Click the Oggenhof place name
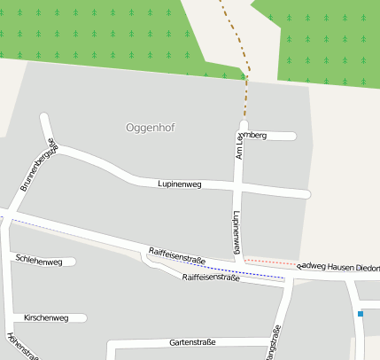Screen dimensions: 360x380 151,128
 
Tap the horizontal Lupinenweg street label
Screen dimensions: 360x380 180,184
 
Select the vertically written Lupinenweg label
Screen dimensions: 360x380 237,233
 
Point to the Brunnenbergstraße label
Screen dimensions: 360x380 38,166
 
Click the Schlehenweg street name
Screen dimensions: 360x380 38,261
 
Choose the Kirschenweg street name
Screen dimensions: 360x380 46,317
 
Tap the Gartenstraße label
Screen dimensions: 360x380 192,342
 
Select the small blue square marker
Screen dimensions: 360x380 361,313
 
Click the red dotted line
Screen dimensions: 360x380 270,262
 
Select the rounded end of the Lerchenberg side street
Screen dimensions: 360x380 291,136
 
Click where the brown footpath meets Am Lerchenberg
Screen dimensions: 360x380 244,122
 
